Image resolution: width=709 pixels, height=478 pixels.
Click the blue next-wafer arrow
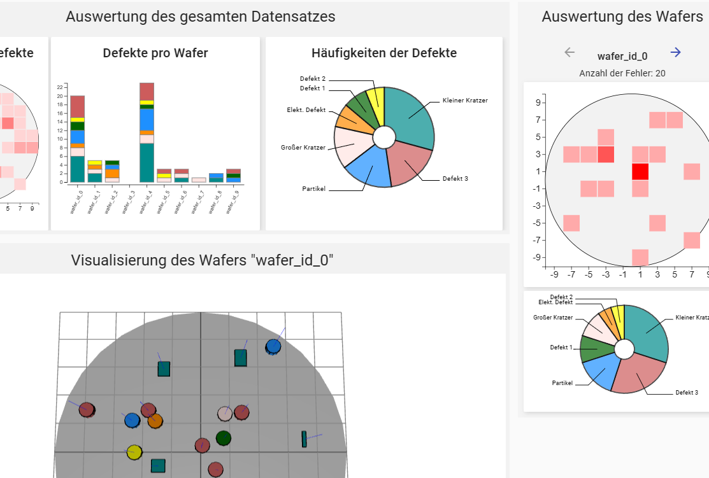coord(676,53)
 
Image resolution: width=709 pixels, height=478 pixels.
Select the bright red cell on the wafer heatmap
coord(640,171)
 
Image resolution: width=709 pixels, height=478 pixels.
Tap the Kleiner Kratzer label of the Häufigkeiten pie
coord(464,101)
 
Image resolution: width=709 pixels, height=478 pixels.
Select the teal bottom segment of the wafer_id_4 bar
coord(147,162)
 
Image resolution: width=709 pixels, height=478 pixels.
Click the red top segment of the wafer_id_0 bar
coord(78,106)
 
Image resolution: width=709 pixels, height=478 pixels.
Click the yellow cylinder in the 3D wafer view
coord(134,453)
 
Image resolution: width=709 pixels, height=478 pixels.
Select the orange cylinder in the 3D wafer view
coord(155,420)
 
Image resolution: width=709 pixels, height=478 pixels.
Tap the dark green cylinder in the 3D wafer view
coord(223,438)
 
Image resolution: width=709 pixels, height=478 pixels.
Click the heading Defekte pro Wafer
coord(155,53)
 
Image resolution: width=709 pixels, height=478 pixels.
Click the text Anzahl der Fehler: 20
coord(622,73)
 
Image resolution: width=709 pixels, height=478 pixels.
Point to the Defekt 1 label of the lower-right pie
coord(561,348)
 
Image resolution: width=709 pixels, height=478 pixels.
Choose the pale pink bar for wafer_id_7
coord(199,179)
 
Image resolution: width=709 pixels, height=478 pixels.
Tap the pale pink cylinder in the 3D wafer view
coord(224,414)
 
